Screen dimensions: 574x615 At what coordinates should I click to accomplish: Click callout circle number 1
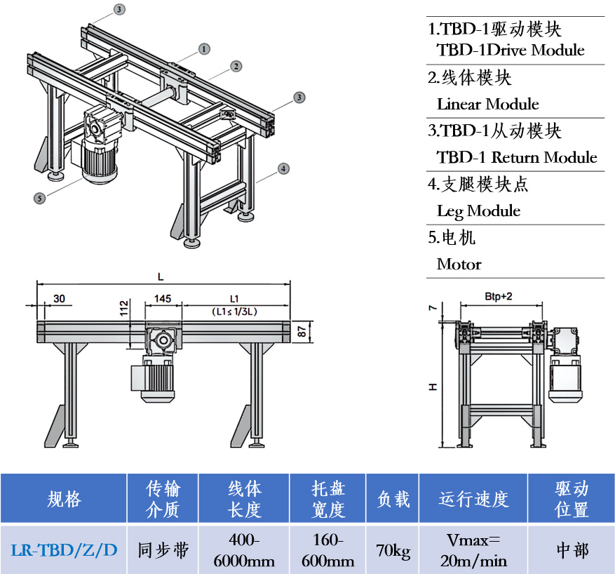coord(204,49)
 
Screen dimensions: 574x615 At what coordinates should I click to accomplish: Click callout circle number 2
coord(237,66)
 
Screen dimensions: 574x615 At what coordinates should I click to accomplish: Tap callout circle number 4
coord(283,168)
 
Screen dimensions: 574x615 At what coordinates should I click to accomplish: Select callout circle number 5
coord(39,199)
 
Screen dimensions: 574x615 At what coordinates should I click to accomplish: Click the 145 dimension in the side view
coord(163,299)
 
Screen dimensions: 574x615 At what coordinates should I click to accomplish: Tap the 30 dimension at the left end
coord(59,299)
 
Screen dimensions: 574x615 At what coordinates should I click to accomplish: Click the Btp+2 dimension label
coord(499,296)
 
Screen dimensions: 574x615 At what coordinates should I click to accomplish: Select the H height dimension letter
coord(433,386)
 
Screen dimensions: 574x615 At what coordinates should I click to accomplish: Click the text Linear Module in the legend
coord(487,105)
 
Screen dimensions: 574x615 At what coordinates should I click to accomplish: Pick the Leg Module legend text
coord(478,211)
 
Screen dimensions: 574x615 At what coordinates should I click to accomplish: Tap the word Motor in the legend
coord(459,264)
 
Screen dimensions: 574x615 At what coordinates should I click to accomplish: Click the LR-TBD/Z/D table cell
coord(64,549)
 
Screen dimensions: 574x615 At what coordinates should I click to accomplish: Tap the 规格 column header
coord(64,499)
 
